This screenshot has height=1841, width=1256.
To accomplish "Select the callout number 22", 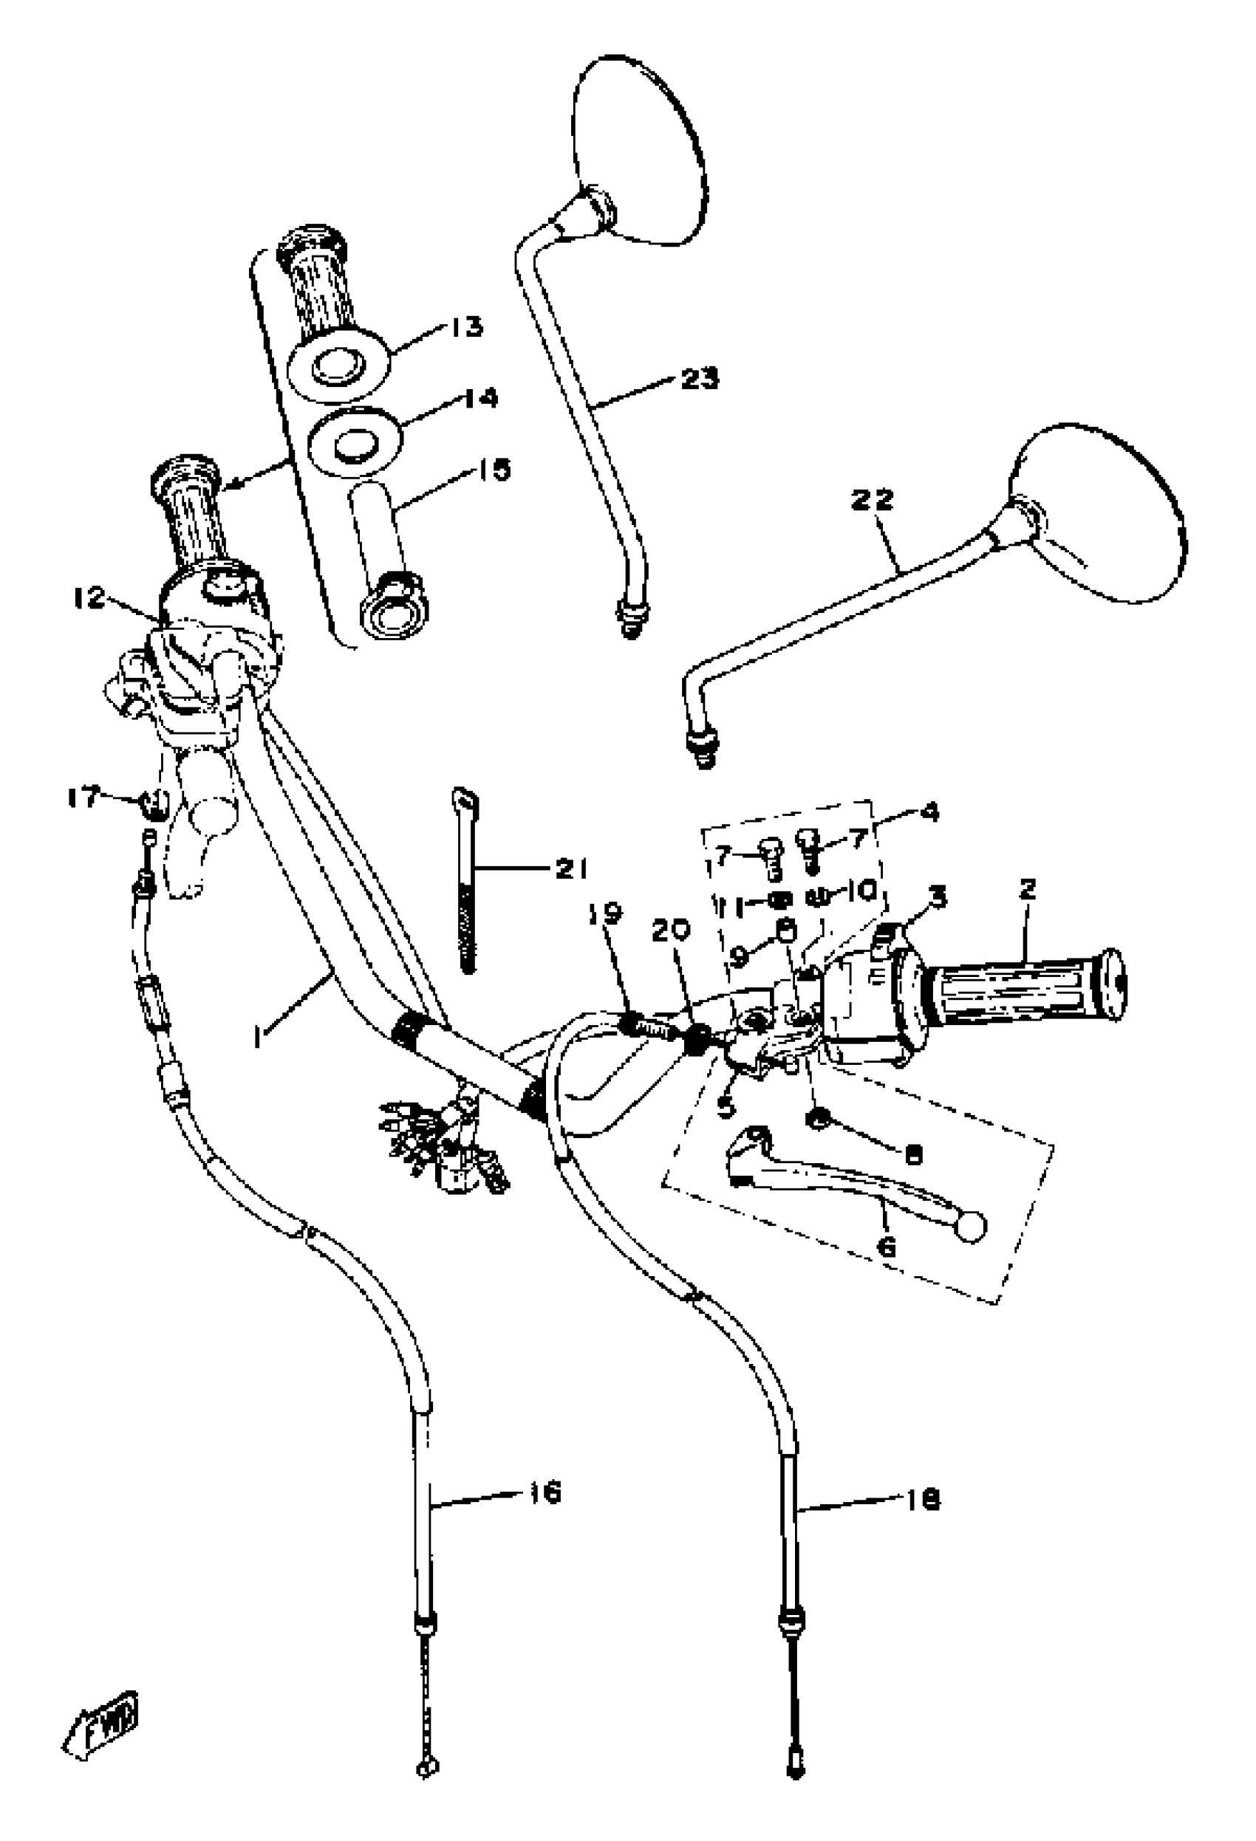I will pyautogui.click(x=872, y=500).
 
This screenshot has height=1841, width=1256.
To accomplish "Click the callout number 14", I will pyautogui.click(x=480, y=398).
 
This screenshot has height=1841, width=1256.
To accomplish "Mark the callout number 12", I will pyautogui.click(x=89, y=598).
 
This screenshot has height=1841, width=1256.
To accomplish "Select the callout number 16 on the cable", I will pyautogui.click(x=545, y=1492).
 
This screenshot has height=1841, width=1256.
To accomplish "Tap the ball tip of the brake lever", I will pyautogui.click(x=971, y=1225).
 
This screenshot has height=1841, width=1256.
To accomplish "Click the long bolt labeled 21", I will pyautogui.click(x=468, y=887).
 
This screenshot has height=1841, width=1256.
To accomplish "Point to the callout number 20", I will pyautogui.click(x=671, y=930).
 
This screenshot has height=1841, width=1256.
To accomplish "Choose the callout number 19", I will pyautogui.click(x=607, y=913).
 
